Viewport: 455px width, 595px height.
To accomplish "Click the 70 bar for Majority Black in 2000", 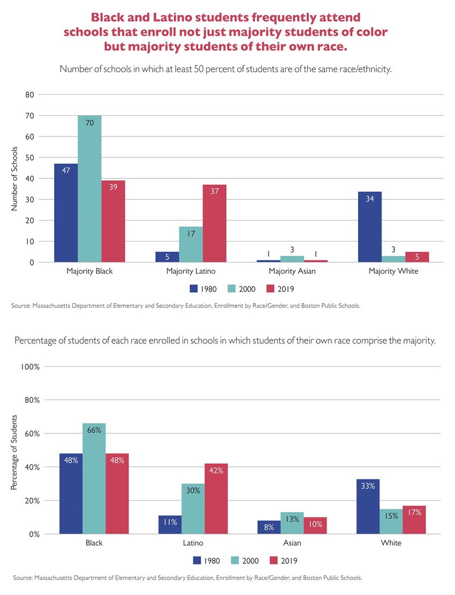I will (89, 189).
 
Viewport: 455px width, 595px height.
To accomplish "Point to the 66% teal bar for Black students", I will (94, 478).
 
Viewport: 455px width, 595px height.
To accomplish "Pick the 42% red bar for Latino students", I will (216, 499).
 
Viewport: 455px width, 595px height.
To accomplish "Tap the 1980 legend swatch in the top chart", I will (193, 289).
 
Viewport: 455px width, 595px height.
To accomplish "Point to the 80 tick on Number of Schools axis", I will (29, 95).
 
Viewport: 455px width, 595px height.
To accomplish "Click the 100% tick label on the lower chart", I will (30, 367).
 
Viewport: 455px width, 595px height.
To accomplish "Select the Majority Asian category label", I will (292, 272).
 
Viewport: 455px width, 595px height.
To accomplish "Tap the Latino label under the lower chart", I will (193, 543).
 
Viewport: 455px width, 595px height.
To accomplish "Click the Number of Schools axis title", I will (15, 178).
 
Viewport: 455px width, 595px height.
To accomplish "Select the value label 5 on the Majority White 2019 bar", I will (416, 257).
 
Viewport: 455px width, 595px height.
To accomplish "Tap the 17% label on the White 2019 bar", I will (414, 512).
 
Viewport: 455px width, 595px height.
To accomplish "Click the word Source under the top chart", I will (20, 306).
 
